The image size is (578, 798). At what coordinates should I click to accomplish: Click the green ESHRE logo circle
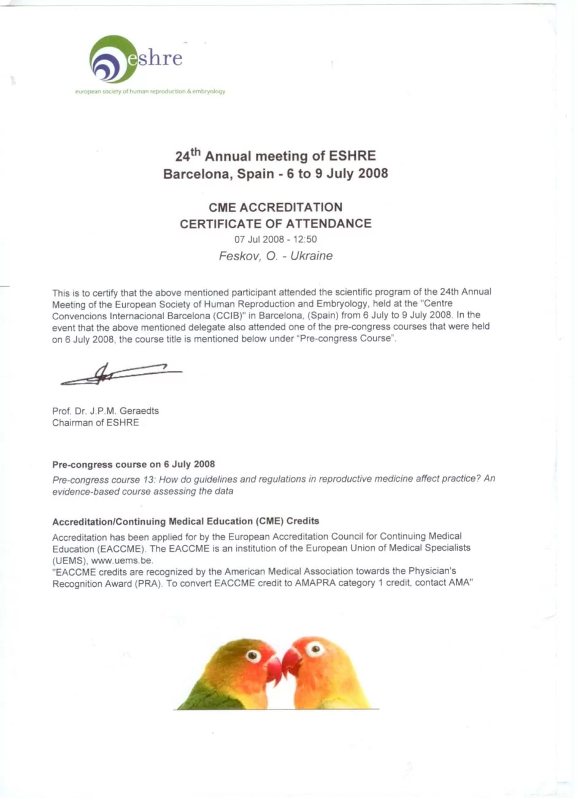pos(112,59)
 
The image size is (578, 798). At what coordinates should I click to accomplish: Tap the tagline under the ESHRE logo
pos(150,91)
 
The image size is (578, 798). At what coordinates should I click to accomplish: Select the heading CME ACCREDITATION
pos(276,207)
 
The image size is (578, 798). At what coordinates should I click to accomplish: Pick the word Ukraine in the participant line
pos(312,256)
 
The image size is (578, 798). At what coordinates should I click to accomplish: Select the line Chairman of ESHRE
pos(96,422)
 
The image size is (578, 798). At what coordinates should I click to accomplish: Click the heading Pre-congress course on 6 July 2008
pos(134,464)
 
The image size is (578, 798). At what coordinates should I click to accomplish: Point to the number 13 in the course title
pos(148,479)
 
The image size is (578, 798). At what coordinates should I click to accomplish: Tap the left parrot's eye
pos(253,655)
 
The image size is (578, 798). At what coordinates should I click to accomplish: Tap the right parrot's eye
pos(315,648)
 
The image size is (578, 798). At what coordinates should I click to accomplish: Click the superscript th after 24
pos(196,151)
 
